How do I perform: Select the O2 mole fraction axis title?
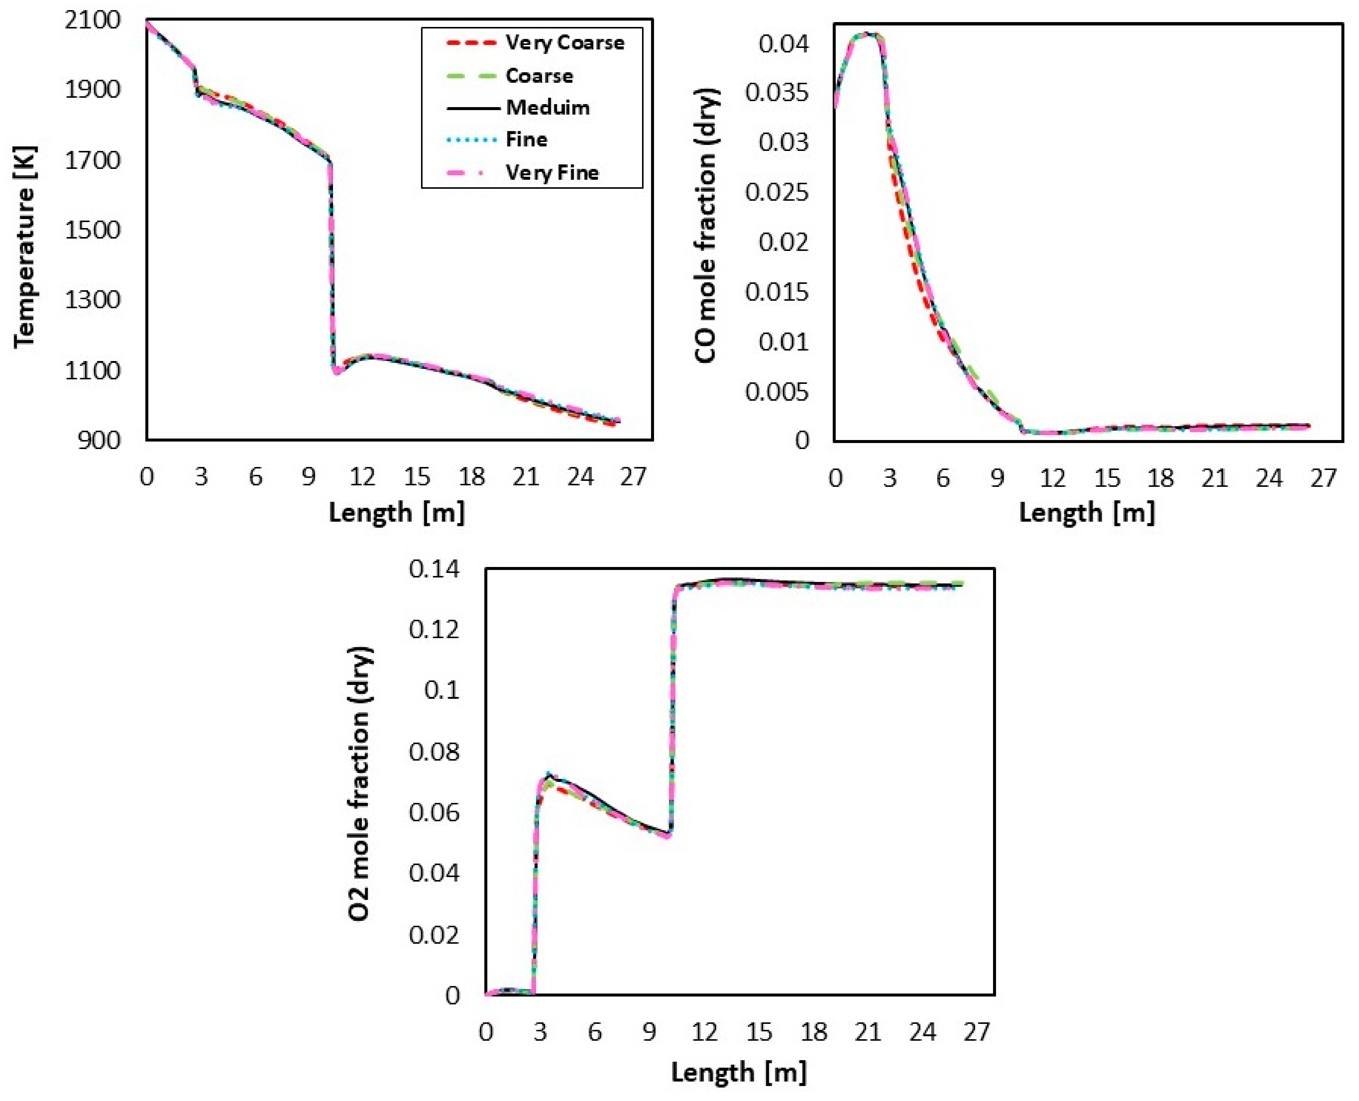pyautogui.click(x=360, y=784)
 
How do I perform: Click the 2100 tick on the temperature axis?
pyautogui.click(x=92, y=20)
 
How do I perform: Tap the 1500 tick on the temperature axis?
pyautogui.click(x=92, y=230)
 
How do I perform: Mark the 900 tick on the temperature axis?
pyautogui.click(x=99, y=440)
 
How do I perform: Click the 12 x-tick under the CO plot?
pyautogui.click(x=1053, y=477)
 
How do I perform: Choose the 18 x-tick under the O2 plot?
pyautogui.click(x=813, y=1032)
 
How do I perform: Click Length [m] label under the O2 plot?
pyautogui.click(x=739, y=1073)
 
